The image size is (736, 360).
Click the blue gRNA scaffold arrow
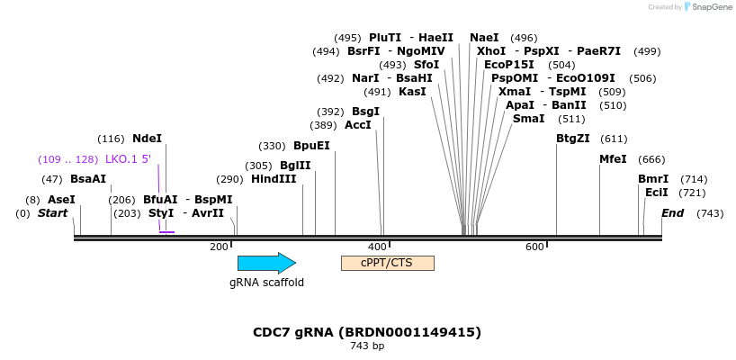pyautogui.click(x=267, y=263)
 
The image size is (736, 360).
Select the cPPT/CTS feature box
pyautogui.click(x=388, y=263)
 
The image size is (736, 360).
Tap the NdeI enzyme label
pyautogui.click(x=147, y=139)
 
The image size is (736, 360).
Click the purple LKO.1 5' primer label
pyautogui.click(x=128, y=159)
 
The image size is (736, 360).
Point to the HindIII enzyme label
pyautogui.click(x=274, y=179)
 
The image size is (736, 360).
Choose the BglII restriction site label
pyautogui.click(x=295, y=166)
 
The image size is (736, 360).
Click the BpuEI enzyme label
pyautogui.click(x=311, y=146)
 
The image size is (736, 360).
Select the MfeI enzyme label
pyautogui.click(x=613, y=159)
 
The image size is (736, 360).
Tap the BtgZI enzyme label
pyautogui.click(x=573, y=139)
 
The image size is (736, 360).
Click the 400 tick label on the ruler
pyautogui.click(x=377, y=247)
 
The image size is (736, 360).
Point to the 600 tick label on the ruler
pyautogui.click(x=535, y=247)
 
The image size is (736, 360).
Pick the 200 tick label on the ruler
pyautogui.click(x=220, y=247)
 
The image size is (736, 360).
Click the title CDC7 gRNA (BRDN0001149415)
pyautogui.click(x=367, y=332)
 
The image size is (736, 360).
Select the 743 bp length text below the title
pyautogui.click(x=367, y=346)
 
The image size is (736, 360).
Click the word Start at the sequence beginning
pyautogui.click(x=52, y=213)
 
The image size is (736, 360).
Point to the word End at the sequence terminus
pyautogui.click(x=672, y=213)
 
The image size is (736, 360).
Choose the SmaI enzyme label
pyautogui.click(x=528, y=119)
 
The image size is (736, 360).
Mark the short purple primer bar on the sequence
pyautogui.click(x=166, y=232)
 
